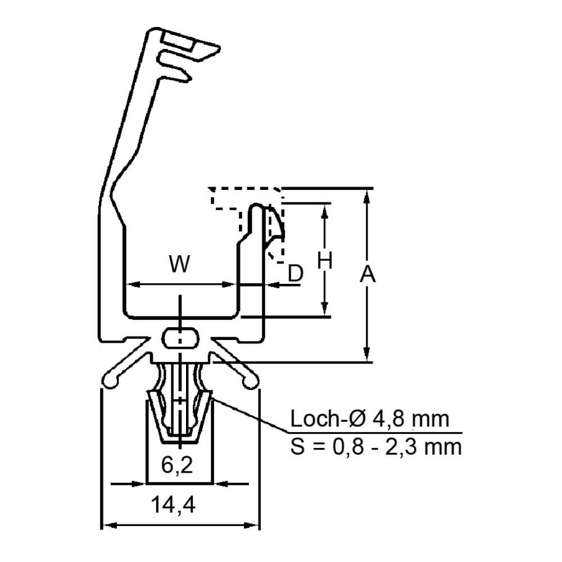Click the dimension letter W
(179, 264)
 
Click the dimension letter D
(296, 274)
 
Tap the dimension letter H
(325, 260)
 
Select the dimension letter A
(368, 274)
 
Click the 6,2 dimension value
(177, 465)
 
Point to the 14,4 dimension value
(173, 505)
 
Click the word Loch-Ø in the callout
(327, 419)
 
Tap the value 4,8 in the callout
(387, 419)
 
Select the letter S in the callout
(297, 447)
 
